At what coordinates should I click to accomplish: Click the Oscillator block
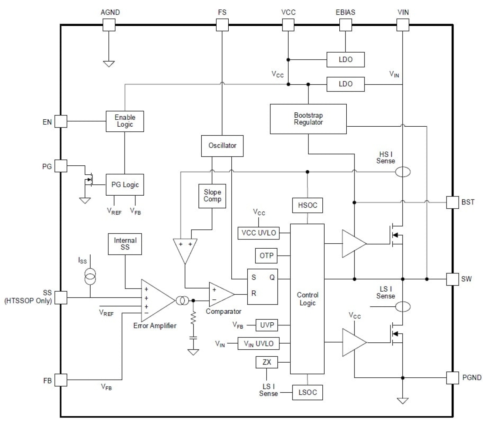[x=222, y=146]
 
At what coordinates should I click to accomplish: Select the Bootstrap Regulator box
[x=308, y=119]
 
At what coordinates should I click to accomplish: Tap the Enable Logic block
[x=125, y=121]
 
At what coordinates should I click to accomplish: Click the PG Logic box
[x=125, y=185]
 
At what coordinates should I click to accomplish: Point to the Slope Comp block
[x=212, y=196]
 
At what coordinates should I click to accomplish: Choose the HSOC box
[x=308, y=205]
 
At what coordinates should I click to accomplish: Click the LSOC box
[x=308, y=392]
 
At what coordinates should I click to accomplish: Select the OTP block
[x=266, y=256]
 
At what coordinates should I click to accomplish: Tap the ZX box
[x=267, y=362]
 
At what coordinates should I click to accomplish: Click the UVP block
[x=267, y=325]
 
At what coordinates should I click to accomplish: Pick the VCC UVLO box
[x=258, y=233]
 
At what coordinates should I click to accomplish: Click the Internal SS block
[x=125, y=244]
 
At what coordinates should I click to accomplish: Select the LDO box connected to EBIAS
[x=345, y=60]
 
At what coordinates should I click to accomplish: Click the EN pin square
[x=61, y=122]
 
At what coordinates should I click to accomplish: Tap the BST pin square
[x=452, y=202]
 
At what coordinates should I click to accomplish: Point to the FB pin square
[x=61, y=380]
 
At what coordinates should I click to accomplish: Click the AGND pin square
[x=109, y=25]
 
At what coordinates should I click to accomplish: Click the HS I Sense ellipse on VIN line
[x=403, y=172]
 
